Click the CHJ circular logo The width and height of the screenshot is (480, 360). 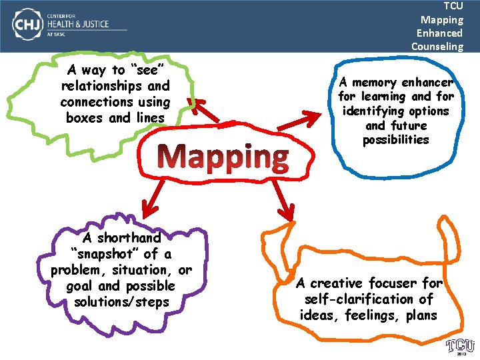[25, 25]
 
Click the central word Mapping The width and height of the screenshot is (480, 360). [226, 157]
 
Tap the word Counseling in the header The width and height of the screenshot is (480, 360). [437, 46]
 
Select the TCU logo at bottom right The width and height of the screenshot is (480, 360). [460, 345]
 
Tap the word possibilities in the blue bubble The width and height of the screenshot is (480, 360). [395, 140]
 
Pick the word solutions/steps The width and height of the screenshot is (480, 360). [122, 302]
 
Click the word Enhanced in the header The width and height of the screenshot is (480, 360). [439, 33]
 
